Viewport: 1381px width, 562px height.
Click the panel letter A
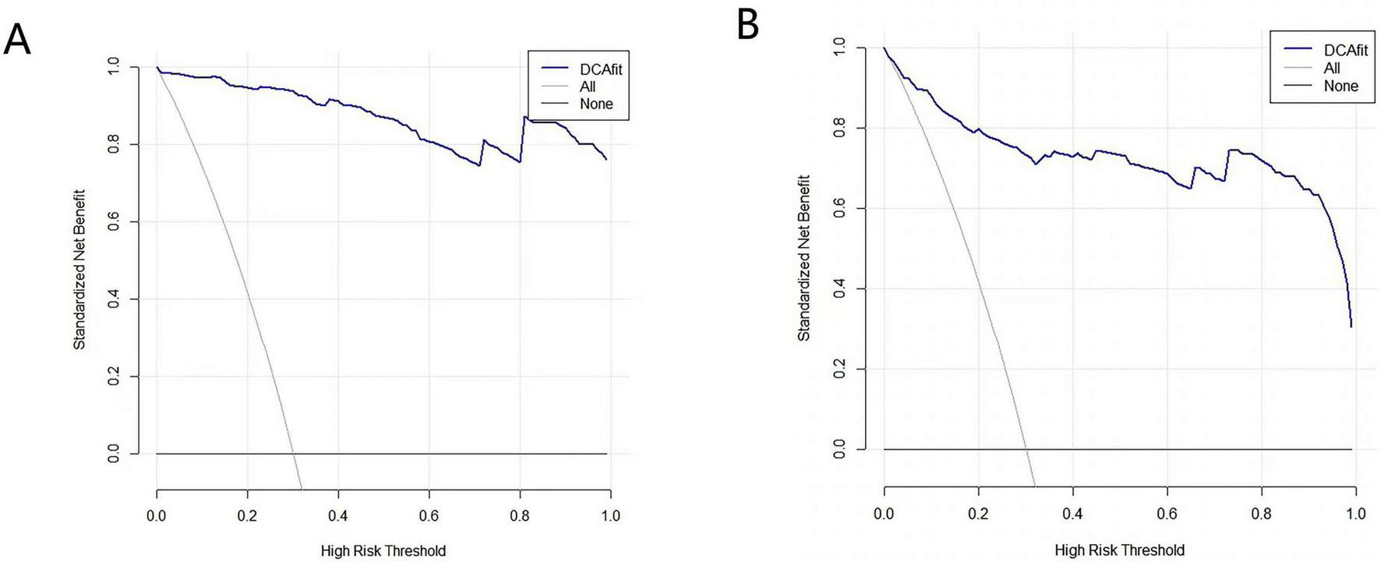click(17, 39)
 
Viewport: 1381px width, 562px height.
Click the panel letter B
click(747, 25)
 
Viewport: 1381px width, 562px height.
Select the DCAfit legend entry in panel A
click(600, 69)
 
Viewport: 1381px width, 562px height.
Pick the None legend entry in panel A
click(595, 104)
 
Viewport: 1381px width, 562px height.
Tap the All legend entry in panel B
click(1332, 68)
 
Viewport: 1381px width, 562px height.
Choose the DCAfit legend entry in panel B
click(1345, 50)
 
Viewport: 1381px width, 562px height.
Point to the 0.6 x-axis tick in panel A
click(429, 515)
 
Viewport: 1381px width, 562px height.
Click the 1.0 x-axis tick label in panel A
click(610, 515)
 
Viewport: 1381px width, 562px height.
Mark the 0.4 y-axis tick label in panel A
click(114, 299)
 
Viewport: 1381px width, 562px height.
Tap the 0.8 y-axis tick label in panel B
click(839, 128)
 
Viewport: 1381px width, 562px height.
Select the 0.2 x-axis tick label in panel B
click(978, 514)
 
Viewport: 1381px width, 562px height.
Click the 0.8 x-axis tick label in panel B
click(1261, 514)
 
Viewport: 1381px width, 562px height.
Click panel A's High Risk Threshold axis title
click(383, 551)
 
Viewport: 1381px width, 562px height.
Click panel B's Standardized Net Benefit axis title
click(804, 258)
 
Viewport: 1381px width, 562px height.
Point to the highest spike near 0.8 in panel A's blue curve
click(524, 117)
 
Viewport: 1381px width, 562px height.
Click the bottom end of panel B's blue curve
click(1351, 326)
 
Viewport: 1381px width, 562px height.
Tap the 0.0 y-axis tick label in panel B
click(839, 449)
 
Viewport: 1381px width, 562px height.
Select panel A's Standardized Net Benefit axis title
click(79, 269)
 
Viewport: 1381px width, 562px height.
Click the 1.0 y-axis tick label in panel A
click(114, 68)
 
